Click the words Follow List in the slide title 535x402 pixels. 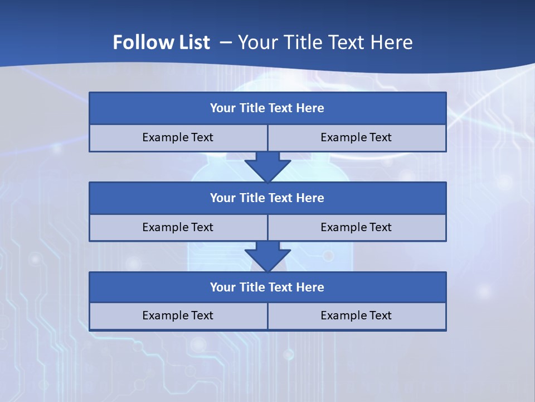point(161,42)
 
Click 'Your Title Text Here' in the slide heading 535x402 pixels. point(325,42)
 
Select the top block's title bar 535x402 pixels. point(267,108)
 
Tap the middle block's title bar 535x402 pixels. point(267,198)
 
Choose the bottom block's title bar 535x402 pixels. point(267,287)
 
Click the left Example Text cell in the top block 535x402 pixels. point(178,137)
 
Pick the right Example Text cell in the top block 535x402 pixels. point(356,137)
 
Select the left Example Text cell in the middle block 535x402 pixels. point(178,227)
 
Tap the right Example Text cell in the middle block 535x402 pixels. point(356,227)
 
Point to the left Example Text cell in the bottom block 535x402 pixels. point(178,315)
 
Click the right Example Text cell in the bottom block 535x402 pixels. point(356,315)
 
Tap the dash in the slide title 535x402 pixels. point(226,42)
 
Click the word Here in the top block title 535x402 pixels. point(310,108)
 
